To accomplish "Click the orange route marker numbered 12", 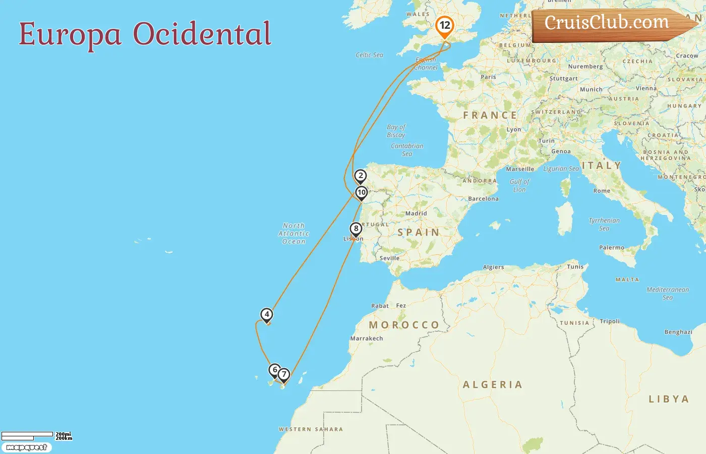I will pyautogui.click(x=444, y=26).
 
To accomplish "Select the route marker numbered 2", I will pyautogui.click(x=360, y=176).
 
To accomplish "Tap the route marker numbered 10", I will pyautogui.click(x=361, y=193).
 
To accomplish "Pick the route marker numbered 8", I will pyautogui.click(x=356, y=229).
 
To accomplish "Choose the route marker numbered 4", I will pyautogui.click(x=267, y=315).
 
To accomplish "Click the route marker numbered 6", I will pyautogui.click(x=274, y=370).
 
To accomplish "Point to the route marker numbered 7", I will pyautogui.click(x=284, y=374).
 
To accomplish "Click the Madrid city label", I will pyautogui.click(x=416, y=213).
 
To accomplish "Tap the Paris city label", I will pyautogui.click(x=488, y=77).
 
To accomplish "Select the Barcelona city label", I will pyautogui.click(x=483, y=199).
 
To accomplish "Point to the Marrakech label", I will pyautogui.click(x=367, y=338).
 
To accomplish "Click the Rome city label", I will pyautogui.click(x=602, y=191).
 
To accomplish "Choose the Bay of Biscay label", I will pyautogui.click(x=396, y=131).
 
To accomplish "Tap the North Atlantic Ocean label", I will pyautogui.click(x=293, y=234).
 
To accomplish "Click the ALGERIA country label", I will pyautogui.click(x=493, y=385).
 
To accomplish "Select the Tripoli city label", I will pyautogui.click(x=610, y=321).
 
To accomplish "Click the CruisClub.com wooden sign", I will pyautogui.click(x=608, y=23).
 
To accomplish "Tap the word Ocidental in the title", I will pyautogui.click(x=202, y=34).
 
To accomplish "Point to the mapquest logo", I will pyautogui.click(x=26, y=447).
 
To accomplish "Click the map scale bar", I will pyautogui.click(x=28, y=435).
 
